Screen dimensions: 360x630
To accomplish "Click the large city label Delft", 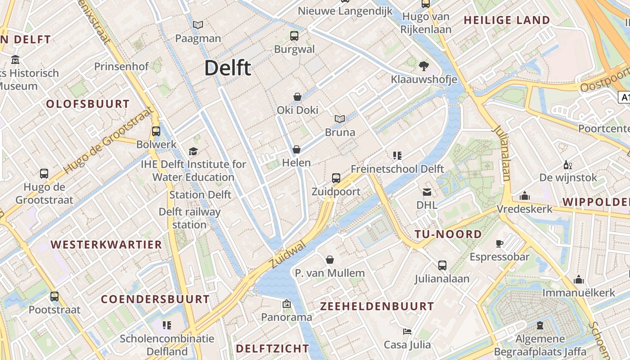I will tap(228, 68).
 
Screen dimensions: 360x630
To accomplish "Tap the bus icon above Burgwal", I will tap(294, 36).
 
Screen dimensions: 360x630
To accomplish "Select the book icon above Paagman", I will tap(198, 25).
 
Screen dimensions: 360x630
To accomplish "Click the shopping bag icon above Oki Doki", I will tap(297, 97).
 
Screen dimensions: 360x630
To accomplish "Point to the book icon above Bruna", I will tap(340, 119).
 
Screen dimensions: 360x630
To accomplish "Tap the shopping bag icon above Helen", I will tap(297, 149).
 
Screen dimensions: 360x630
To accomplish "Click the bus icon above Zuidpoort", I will tap(336, 178).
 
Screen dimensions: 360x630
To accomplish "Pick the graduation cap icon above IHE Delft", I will tap(193, 151).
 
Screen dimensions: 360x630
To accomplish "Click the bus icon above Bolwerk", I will tap(156, 131).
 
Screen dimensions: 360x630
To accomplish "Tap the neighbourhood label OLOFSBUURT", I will tap(88, 104).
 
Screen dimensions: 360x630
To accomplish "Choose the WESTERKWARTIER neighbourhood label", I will tap(106, 245).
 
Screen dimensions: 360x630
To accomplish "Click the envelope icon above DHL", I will tap(427, 192).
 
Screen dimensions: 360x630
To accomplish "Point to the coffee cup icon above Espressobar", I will tap(499, 243).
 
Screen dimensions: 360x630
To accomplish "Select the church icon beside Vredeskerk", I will tap(525, 196).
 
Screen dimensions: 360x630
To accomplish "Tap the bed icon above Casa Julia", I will tap(407, 332).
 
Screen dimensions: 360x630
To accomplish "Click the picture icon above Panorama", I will tap(287, 304).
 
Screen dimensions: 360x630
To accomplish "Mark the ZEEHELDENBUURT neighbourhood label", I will tap(377, 306).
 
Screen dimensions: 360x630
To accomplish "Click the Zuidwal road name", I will tap(288, 255).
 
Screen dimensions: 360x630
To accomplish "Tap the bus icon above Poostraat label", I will tap(54, 297).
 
